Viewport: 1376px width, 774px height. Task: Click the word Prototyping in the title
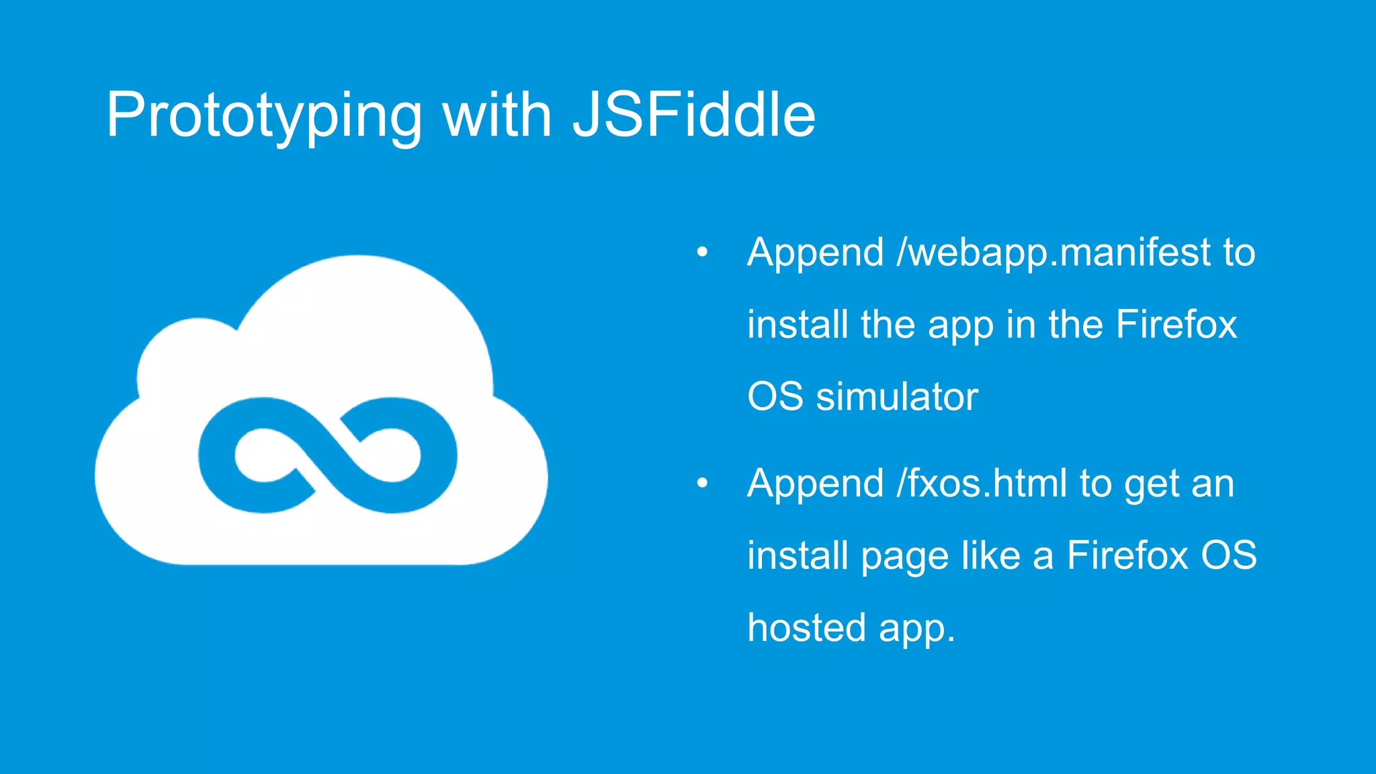(x=264, y=116)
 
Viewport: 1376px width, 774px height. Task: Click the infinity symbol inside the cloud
(x=327, y=455)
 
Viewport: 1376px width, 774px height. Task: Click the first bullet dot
(x=702, y=253)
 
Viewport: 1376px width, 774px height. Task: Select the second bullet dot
(x=702, y=483)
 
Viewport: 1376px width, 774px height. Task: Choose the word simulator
(x=897, y=396)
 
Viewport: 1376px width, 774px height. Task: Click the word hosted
(x=806, y=628)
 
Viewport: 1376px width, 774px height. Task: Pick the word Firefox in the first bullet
(x=1176, y=325)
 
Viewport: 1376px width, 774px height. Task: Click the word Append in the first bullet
(x=815, y=253)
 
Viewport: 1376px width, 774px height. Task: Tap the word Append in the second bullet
(x=815, y=484)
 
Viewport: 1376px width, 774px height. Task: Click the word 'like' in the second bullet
(x=990, y=556)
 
